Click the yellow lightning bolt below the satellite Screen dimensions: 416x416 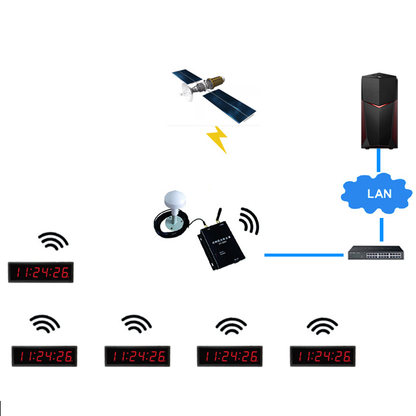click(217, 139)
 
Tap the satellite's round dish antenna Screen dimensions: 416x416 click(187, 92)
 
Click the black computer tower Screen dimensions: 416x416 click(379, 112)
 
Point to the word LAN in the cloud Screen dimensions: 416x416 click(380, 194)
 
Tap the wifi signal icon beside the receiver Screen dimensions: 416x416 click(249, 222)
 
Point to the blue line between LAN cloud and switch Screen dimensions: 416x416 click(382, 228)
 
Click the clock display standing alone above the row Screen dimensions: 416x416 click(40, 272)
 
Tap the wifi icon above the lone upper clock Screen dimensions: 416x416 click(53, 242)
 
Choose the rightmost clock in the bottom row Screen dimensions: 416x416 click(322, 356)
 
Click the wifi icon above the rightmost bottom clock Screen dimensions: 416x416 click(322, 327)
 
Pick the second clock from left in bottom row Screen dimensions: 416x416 click(138, 356)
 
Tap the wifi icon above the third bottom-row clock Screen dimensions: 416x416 click(230, 326)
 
